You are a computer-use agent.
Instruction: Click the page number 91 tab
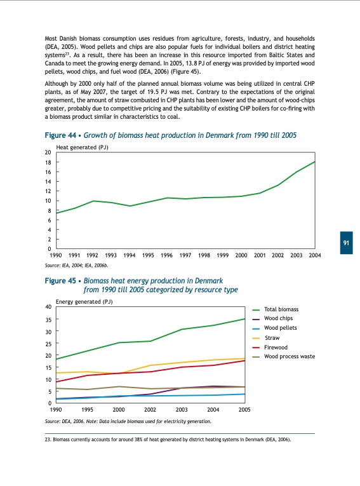(x=347, y=243)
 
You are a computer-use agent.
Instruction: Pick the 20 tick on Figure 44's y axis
(x=48, y=153)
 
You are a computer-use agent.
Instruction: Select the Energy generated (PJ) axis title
(x=84, y=302)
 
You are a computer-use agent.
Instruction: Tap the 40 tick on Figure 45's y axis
(x=48, y=307)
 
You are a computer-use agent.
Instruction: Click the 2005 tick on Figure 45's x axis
(x=244, y=410)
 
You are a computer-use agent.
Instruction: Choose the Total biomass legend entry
(x=281, y=309)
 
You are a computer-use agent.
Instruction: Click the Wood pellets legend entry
(x=280, y=328)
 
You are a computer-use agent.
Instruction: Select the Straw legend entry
(x=272, y=337)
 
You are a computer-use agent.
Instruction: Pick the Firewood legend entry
(x=276, y=348)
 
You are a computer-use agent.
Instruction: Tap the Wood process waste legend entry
(x=289, y=357)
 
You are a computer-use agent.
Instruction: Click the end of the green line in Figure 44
(x=314, y=162)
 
